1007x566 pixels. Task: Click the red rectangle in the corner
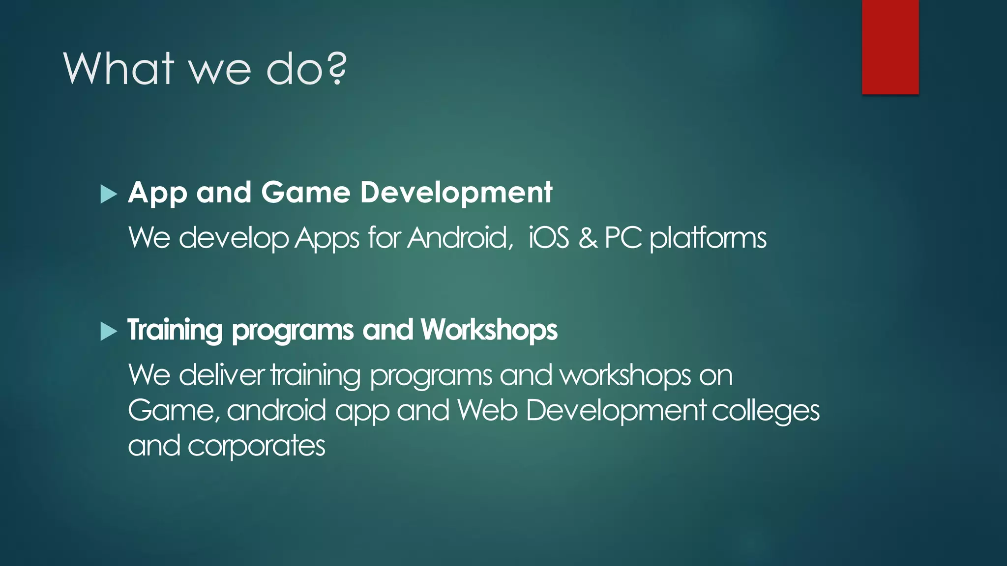[x=890, y=47]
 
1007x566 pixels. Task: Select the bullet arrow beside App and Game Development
[x=109, y=194]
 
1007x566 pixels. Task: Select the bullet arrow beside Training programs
[x=109, y=331]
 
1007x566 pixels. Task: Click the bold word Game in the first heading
[x=305, y=192]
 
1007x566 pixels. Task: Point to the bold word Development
[x=456, y=192]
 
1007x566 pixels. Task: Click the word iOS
[x=548, y=238]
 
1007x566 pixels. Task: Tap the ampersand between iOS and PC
[x=588, y=238]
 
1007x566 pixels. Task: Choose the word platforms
[x=708, y=239]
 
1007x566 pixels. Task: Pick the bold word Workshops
[x=489, y=330]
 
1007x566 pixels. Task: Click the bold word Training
[x=175, y=330]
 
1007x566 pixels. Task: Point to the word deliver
[x=222, y=375]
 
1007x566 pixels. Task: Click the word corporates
[x=256, y=446]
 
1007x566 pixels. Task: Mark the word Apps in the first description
[x=327, y=239]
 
